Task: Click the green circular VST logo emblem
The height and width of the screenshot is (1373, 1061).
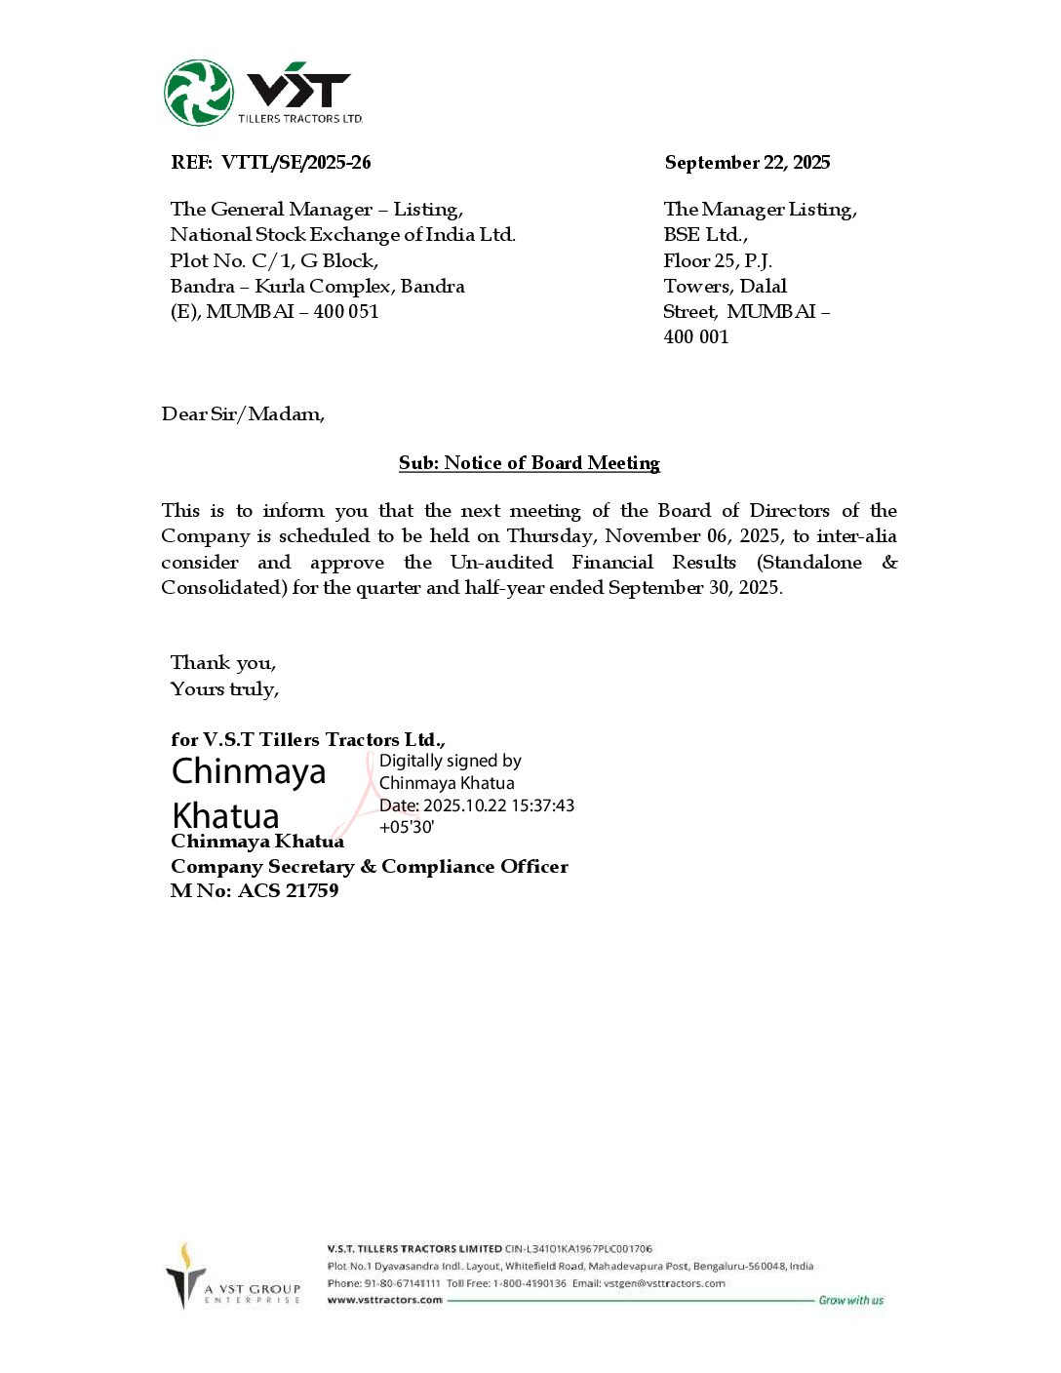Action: point(199,93)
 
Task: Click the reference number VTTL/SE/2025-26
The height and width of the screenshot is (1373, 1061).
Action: point(295,163)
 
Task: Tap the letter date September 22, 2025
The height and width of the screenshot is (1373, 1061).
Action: point(747,163)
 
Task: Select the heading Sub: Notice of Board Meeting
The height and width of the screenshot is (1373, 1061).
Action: point(530,463)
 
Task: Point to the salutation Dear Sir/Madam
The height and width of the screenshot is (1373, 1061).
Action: point(243,414)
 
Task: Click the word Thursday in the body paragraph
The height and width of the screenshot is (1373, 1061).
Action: point(550,536)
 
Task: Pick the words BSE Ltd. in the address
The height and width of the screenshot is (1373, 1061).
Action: point(705,235)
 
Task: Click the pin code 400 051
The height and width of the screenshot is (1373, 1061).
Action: point(346,312)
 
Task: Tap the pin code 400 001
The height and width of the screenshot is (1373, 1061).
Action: point(696,337)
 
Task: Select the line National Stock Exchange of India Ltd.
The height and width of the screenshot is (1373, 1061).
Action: point(342,235)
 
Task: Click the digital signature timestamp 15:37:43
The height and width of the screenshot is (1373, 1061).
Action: point(540,805)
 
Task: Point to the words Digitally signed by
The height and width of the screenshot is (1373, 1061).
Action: point(451,761)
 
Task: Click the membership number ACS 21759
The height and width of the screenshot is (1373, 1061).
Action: point(289,890)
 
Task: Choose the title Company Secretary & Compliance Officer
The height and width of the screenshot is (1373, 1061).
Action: point(369,867)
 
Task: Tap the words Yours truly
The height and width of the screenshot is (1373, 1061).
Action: point(224,689)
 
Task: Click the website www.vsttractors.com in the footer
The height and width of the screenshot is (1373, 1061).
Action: point(384,1300)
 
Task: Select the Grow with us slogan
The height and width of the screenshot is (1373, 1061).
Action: point(850,1300)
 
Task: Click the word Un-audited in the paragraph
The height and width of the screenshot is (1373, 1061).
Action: point(501,563)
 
